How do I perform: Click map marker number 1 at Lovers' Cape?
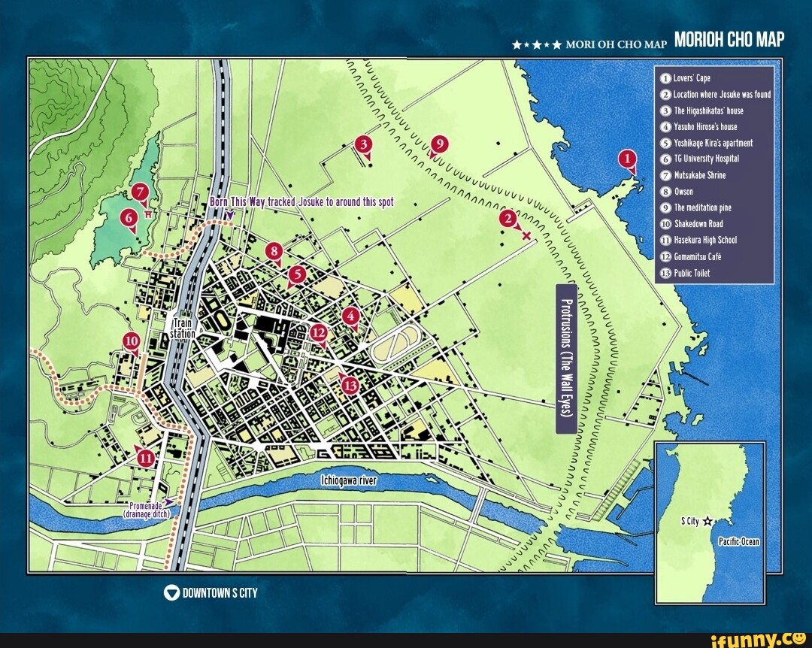point(627,159)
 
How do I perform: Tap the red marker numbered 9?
point(440,144)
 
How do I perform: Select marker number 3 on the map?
point(364,145)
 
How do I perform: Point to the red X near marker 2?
point(526,236)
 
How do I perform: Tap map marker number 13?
point(350,385)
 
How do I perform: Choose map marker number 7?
point(139,193)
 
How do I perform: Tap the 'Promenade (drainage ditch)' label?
point(147,509)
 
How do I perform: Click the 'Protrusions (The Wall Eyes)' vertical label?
point(566,359)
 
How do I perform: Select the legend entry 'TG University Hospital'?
point(706,159)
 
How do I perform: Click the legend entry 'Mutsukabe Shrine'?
point(699,175)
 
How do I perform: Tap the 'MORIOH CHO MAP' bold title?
point(729,40)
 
